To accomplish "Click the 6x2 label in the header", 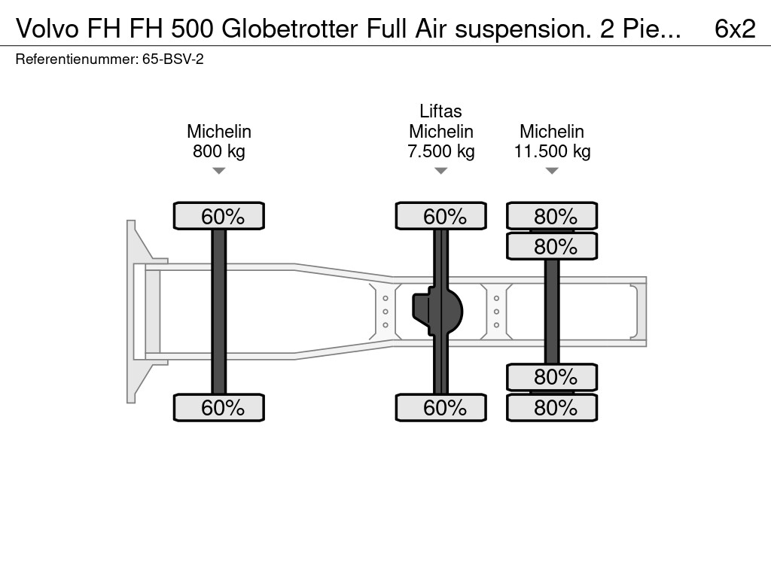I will pos(734,28).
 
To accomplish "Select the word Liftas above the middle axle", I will pos(441,111).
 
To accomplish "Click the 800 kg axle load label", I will pos(219,151).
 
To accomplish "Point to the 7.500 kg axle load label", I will pos(441,151).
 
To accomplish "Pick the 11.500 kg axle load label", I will pos(552,151).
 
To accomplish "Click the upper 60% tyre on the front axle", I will pos(219,216).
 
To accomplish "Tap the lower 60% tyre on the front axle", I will pos(219,408).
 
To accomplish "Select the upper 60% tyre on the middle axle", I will pos(441,216).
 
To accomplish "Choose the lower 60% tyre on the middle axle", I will pos(441,408).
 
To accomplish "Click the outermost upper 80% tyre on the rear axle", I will pos(552,216).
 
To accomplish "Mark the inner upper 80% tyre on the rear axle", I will pos(552,246).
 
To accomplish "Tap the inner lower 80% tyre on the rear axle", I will pos(552,376).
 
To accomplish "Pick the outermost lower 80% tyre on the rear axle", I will pos(552,408).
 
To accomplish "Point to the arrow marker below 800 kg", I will pos(219,172).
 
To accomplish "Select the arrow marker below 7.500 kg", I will pos(441,172).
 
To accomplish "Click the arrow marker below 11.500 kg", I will pos(552,172).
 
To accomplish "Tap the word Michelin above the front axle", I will pos(219,132).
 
